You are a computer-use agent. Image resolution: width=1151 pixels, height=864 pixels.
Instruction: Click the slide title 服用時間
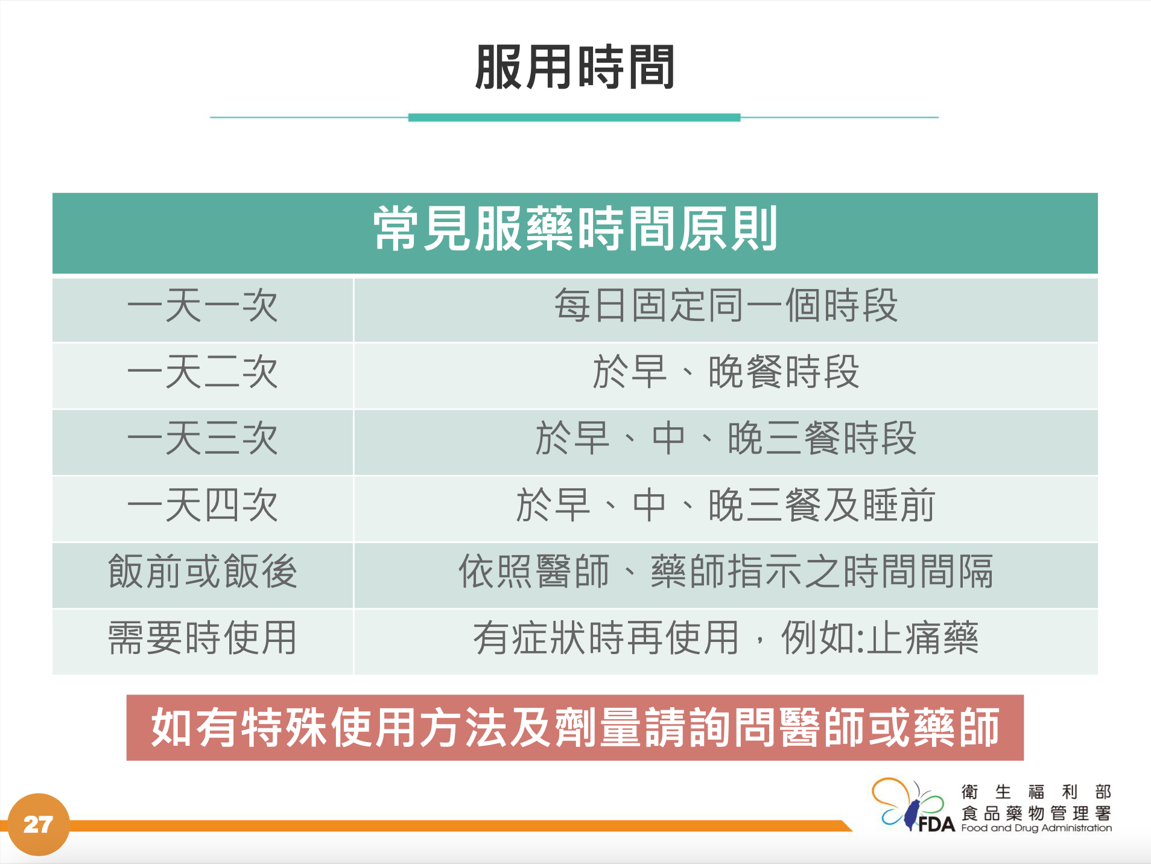point(574,67)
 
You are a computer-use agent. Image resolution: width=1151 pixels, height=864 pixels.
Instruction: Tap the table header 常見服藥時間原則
point(575,229)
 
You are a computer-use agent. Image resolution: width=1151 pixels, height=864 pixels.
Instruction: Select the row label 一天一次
point(203,306)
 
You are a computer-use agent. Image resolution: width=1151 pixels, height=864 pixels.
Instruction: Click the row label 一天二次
point(203,372)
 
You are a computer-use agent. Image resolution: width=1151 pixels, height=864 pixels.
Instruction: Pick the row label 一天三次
point(203,439)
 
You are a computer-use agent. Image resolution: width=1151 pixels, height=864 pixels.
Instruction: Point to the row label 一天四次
point(203,505)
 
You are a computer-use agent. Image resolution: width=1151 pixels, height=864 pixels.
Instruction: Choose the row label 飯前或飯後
point(203,571)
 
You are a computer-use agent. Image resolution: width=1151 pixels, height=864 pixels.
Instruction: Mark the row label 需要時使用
point(203,638)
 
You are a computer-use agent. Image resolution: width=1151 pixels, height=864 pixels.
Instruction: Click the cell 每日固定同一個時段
point(726,306)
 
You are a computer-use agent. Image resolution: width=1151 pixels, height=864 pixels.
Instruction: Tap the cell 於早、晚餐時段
point(726,372)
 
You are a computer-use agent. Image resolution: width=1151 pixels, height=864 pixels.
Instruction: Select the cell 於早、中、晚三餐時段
point(726,439)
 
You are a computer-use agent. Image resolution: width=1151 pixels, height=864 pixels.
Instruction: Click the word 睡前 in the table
point(899,505)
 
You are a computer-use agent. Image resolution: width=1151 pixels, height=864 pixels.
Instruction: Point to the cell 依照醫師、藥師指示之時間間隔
point(726,571)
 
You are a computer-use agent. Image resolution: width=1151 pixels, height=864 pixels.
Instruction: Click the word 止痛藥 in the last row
point(923,638)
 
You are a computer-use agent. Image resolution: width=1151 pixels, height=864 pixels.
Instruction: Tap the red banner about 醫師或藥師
point(575,728)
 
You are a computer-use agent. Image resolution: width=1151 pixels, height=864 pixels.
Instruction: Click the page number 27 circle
point(39,824)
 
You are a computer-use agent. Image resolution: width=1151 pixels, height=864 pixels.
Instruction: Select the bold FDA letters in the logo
point(936,824)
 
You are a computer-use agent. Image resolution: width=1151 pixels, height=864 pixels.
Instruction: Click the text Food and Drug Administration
point(1036,828)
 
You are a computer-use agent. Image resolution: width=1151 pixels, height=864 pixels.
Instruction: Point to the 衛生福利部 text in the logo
point(1036,792)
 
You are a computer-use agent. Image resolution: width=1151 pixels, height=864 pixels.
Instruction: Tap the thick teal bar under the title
point(574,118)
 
